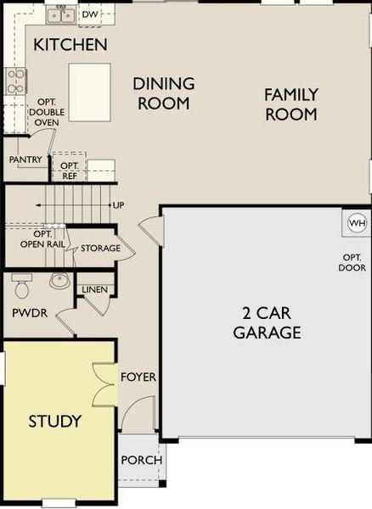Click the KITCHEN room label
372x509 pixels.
click(x=70, y=44)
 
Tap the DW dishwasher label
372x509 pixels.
click(x=89, y=14)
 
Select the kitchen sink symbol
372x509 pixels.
click(x=59, y=14)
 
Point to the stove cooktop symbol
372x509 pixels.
click(x=16, y=81)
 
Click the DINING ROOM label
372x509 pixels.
click(x=162, y=92)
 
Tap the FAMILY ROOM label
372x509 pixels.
click(x=290, y=103)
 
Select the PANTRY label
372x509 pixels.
click(x=25, y=159)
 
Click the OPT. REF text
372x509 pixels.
click(x=70, y=171)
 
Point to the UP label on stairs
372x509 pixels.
click(x=118, y=205)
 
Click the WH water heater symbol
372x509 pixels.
click(x=356, y=224)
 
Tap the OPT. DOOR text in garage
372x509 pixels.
click(x=353, y=262)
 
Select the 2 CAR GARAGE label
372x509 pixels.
click(x=267, y=322)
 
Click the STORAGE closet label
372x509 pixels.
click(x=100, y=249)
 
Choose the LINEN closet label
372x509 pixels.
click(x=94, y=290)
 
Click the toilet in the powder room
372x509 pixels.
click(x=22, y=285)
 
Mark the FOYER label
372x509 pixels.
click(x=138, y=377)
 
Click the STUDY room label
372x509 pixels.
click(x=55, y=421)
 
